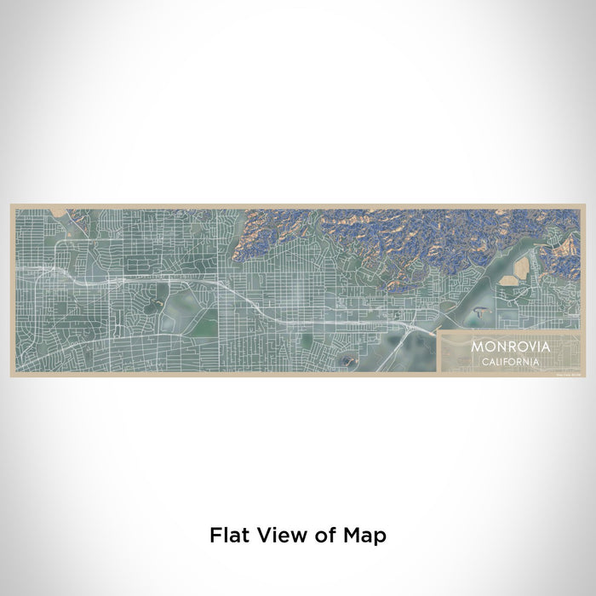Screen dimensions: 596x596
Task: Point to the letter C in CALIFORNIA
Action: (485, 361)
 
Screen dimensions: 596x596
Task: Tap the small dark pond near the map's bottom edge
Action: (347, 361)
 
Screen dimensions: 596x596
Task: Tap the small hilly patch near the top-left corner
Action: (78, 217)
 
